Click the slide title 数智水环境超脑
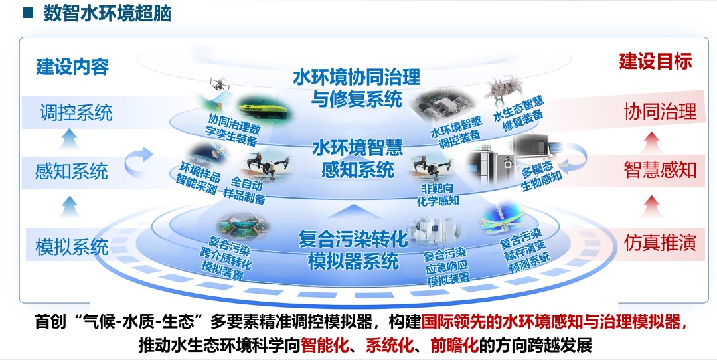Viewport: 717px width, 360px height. pos(108,13)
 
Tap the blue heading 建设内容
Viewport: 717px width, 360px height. pos(72,67)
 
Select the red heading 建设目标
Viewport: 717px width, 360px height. pos(655,61)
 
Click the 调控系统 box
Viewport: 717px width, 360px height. pos(76,112)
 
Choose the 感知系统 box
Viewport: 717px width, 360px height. pos(72,171)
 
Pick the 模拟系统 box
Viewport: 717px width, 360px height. pos(72,247)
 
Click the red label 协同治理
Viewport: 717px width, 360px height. pos(660,111)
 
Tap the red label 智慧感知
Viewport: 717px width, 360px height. pos(660,170)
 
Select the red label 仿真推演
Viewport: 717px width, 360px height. pos(660,243)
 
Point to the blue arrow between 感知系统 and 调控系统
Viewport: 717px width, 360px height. pos(70,138)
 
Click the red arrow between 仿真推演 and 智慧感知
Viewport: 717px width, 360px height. pos(652,207)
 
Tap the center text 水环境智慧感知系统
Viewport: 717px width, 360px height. pos(358,158)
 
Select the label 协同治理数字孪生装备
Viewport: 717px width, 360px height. pos(233,130)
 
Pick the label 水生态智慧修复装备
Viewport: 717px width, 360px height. pos(518,113)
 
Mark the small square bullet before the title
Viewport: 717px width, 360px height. pos(28,13)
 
